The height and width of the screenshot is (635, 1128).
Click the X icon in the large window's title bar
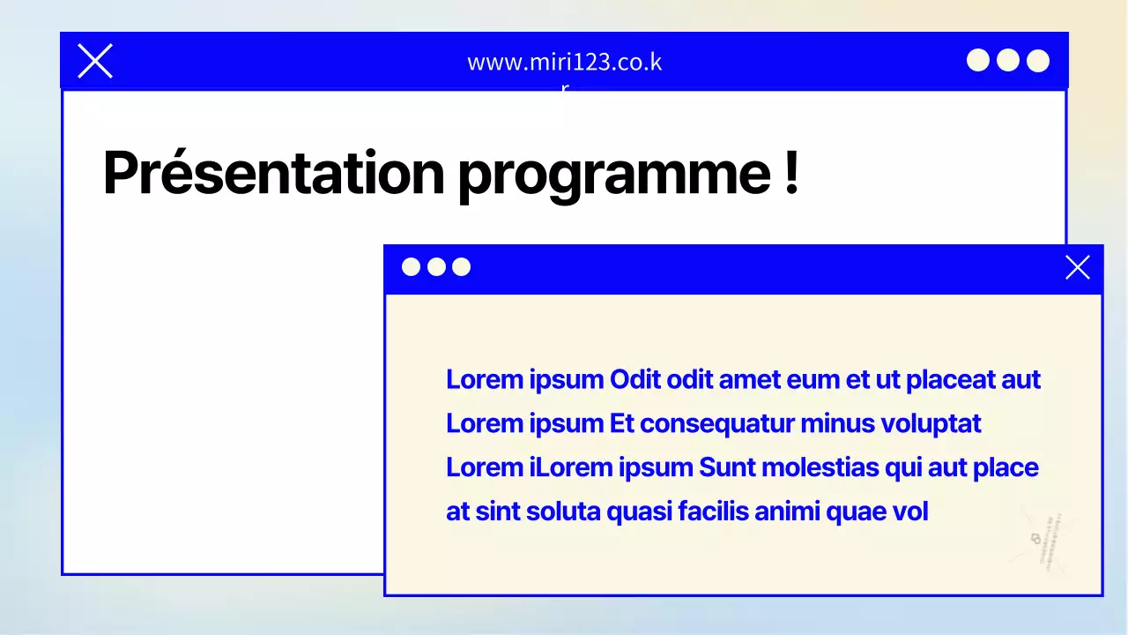[x=95, y=61]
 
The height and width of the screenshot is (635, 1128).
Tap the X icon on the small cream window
[x=1077, y=267]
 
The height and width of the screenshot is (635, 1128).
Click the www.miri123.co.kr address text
[x=564, y=63]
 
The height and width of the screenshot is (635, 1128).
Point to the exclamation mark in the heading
[x=790, y=171]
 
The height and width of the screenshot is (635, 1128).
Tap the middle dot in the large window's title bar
[x=1008, y=60]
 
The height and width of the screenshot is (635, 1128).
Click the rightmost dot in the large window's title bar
[x=1038, y=60]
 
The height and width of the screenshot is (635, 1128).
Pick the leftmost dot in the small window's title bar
[x=411, y=267]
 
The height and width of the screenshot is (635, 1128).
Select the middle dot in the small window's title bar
[x=436, y=267]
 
